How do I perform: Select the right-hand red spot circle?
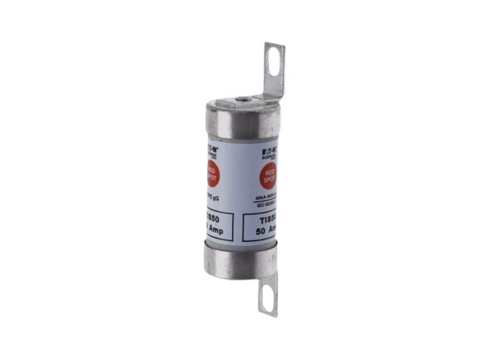click(x=269, y=175)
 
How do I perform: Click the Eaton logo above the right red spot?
click(x=268, y=144)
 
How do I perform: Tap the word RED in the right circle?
click(x=269, y=170)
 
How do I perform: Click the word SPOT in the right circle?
click(x=268, y=179)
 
